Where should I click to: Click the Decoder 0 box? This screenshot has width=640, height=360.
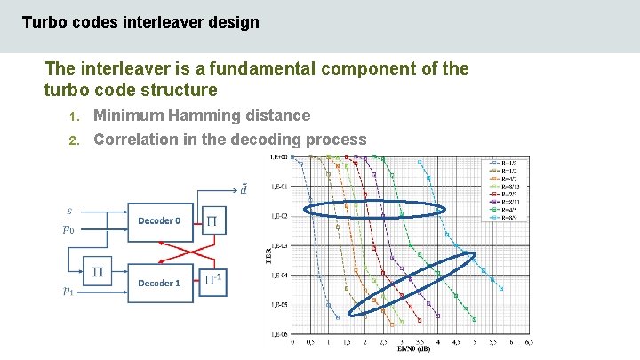[160, 220]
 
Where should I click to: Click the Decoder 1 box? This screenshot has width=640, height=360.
[160, 283]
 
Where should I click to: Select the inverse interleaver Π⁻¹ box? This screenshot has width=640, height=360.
[214, 282]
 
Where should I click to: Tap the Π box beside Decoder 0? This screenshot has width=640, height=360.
[213, 220]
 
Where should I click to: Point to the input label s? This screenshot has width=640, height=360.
[70, 211]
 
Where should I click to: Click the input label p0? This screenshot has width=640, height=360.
[68, 228]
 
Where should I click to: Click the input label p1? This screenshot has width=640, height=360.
[68, 291]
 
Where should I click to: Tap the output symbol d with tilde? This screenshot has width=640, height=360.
[243, 188]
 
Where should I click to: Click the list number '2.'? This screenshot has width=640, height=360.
[75, 140]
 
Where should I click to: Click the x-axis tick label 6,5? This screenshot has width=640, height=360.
[529, 341]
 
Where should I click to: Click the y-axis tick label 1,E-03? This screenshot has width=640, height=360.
[279, 245]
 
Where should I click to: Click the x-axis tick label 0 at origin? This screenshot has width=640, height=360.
[293, 341]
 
